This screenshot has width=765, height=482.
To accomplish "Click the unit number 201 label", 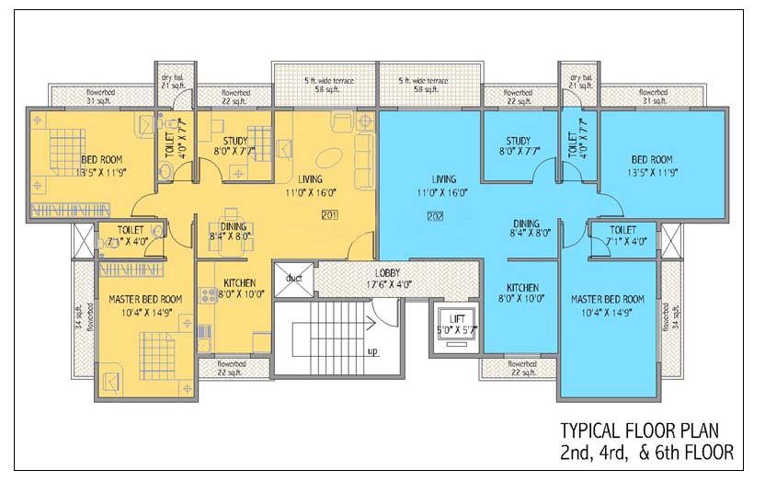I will pyautogui.click(x=331, y=215).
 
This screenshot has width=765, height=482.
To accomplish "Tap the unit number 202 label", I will pyautogui.click(x=436, y=216).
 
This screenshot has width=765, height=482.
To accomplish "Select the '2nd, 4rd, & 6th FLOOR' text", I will pyautogui.click(x=646, y=452).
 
